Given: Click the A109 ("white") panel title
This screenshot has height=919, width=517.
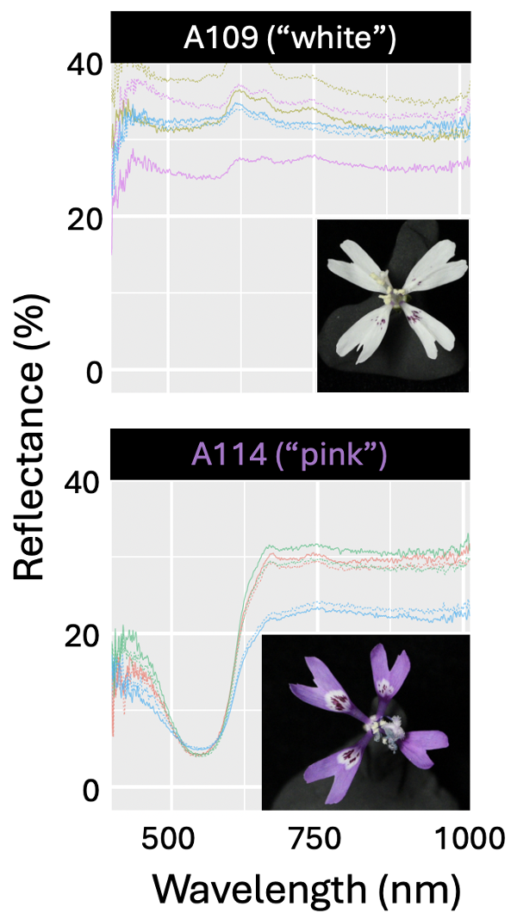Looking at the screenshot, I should point(290,39).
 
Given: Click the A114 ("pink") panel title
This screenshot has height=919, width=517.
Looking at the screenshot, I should point(290,454).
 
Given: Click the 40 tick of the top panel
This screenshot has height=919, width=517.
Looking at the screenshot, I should point(85,64).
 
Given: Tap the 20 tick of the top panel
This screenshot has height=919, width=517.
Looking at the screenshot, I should point(85,218).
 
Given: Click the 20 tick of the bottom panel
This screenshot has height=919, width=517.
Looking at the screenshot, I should point(85,635).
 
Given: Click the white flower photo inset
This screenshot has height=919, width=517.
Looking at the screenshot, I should point(393,305).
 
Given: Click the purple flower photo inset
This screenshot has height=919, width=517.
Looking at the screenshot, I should point(365,722).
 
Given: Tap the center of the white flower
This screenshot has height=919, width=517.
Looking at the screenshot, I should point(396,297).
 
